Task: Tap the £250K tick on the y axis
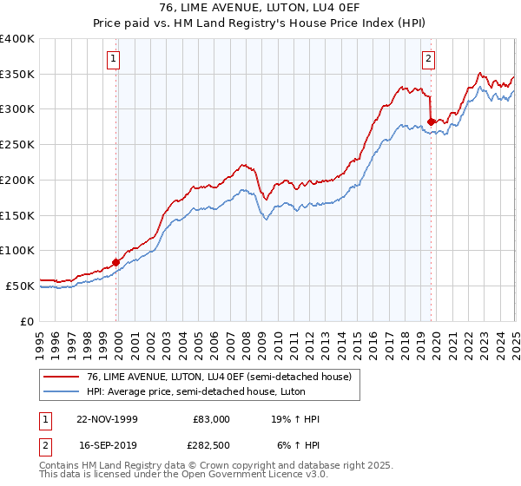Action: [x=17, y=144]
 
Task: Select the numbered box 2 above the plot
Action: [x=429, y=59]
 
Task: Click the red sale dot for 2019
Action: [x=431, y=121]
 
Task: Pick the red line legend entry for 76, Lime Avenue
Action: [x=218, y=377]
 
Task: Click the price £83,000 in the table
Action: [x=211, y=419]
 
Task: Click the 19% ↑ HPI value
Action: [x=296, y=419]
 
